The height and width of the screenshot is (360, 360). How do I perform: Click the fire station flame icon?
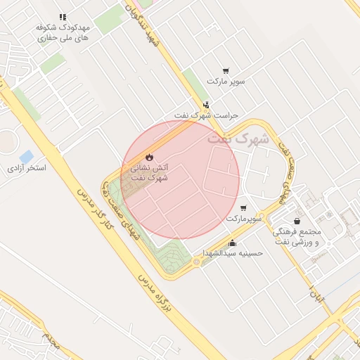[x=148, y=155]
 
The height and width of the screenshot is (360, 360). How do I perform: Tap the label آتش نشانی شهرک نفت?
[x=148, y=173]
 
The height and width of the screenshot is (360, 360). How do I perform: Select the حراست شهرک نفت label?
[x=207, y=115]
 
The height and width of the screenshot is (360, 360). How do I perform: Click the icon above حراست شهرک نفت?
[x=205, y=104]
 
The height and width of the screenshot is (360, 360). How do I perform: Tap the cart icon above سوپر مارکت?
[x=226, y=70]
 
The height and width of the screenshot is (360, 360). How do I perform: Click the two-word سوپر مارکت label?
[x=226, y=82]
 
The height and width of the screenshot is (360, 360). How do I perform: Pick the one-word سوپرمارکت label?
[x=244, y=219]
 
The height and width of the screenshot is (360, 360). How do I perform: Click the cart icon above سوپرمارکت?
[x=243, y=208]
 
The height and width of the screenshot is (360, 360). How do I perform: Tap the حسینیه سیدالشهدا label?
[x=233, y=252]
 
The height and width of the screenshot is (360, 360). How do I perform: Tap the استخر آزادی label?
[x=27, y=169]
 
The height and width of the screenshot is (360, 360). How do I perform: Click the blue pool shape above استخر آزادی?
[x=27, y=155]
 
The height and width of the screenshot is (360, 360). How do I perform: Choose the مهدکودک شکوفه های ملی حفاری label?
[x=63, y=31]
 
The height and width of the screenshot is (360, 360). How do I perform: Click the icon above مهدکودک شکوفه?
[x=63, y=16]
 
